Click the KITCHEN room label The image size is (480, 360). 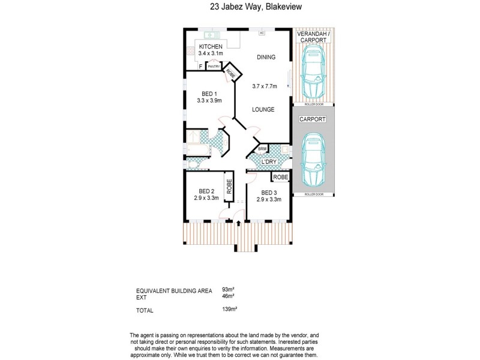point(211,47)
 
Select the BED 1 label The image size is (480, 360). point(208,94)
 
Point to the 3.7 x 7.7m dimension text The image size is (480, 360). point(265,86)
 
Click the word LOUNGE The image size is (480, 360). point(263,109)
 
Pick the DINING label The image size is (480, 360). point(266,58)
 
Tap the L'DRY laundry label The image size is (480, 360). point(268,162)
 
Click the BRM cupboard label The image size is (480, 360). point(262,149)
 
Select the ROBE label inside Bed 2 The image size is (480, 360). point(229,186)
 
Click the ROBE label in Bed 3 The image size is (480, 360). point(281,178)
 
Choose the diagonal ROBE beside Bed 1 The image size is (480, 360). point(232,73)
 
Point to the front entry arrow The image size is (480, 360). point(239,224)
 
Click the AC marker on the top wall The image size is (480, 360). point(262,32)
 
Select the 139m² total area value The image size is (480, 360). point(230,310)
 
